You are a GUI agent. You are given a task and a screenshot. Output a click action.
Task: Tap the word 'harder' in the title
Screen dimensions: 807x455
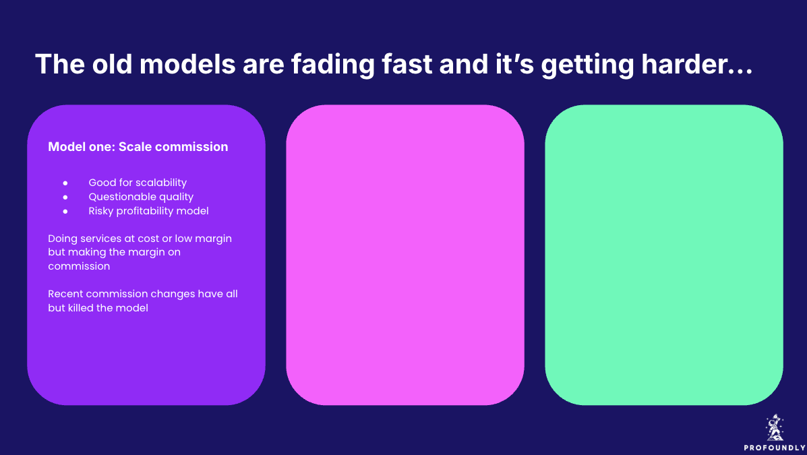(x=684, y=64)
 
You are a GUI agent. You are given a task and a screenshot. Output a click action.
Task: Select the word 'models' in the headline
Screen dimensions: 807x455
(x=187, y=64)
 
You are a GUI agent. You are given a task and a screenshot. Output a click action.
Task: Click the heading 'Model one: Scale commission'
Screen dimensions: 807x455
(x=138, y=147)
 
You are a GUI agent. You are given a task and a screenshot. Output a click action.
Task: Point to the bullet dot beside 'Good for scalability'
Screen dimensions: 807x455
(x=65, y=183)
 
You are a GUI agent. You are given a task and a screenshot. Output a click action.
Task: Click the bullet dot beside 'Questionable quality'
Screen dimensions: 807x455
(x=65, y=197)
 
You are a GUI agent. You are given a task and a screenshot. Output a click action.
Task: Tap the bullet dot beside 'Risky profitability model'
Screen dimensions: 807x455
(x=65, y=211)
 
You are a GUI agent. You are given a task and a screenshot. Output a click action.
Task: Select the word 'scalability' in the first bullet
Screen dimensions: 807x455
(x=161, y=183)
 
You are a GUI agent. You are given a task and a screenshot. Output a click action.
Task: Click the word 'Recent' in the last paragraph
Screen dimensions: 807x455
(x=65, y=294)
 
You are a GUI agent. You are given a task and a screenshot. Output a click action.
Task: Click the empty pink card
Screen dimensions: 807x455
(x=405, y=255)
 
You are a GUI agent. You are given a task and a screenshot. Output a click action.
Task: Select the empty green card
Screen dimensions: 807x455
(x=664, y=255)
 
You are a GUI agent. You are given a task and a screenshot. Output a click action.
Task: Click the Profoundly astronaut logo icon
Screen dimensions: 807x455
(x=775, y=428)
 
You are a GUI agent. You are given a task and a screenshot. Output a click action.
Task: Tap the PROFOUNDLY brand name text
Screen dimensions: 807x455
(x=775, y=448)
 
